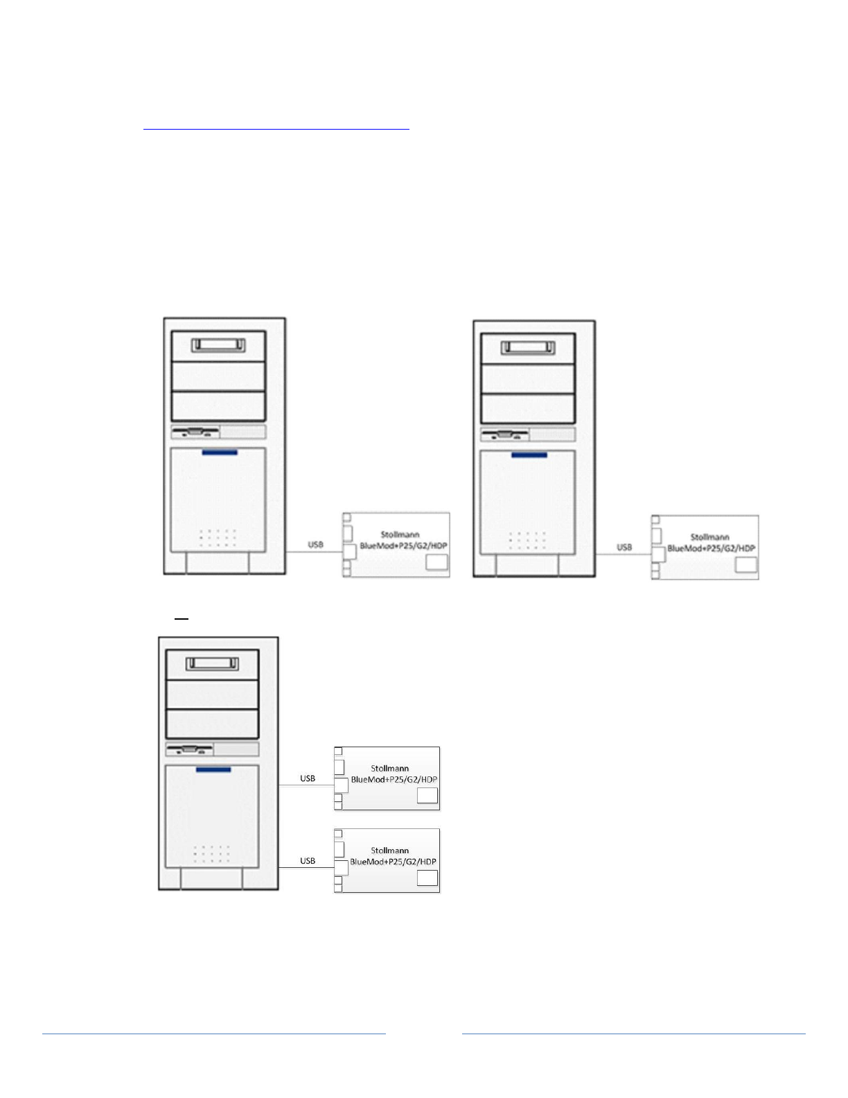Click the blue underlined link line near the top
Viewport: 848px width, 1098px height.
pos(276,129)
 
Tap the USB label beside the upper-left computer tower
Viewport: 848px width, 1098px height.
pos(315,545)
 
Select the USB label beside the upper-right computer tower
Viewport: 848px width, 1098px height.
pos(624,548)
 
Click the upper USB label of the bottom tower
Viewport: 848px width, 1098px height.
pos(308,778)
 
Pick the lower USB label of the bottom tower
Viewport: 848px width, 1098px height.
pos(308,861)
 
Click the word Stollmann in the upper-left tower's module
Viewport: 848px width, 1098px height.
pos(400,534)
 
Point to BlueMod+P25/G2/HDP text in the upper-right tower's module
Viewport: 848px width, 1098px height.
pos(711,548)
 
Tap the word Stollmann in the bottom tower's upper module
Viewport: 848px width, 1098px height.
pos(389,768)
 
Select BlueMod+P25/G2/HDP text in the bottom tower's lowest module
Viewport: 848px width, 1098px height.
pos(393,862)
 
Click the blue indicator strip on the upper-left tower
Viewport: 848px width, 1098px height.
pos(220,453)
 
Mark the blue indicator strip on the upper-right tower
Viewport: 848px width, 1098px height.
pos(529,455)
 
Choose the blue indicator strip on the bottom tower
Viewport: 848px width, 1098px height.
pos(213,769)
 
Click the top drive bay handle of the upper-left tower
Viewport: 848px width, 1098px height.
pos(218,345)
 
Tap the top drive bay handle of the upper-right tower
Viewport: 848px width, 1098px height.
pos(528,347)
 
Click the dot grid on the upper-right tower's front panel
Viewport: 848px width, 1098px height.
pos(527,541)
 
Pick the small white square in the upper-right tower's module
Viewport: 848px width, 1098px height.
pos(745,565)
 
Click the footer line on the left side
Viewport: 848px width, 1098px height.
pos(213,1034)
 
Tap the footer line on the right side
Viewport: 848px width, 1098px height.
pos(633,1034)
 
